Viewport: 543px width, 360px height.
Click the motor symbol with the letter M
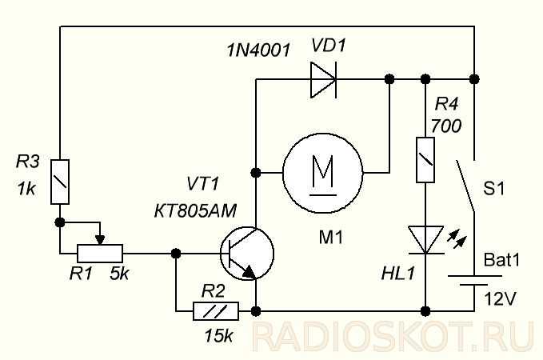323,173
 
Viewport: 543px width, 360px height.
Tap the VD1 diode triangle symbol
323,80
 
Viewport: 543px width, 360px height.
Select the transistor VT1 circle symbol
247,254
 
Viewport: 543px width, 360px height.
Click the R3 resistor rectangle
60,182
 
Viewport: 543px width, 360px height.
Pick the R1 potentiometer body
100,254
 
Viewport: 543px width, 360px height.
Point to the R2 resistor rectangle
216,311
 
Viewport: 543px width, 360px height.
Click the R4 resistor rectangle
425,160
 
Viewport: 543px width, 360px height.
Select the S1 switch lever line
465,186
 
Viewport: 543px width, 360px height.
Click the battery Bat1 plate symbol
474,280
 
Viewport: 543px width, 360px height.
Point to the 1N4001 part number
258,50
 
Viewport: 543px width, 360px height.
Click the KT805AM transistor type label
195,210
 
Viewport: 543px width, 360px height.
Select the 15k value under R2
218,335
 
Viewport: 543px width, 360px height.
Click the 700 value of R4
446,126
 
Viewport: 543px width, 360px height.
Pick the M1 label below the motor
331,238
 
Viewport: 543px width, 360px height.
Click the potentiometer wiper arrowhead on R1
100,240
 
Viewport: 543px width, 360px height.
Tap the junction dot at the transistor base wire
176,254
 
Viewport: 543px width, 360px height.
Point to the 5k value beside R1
119,274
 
